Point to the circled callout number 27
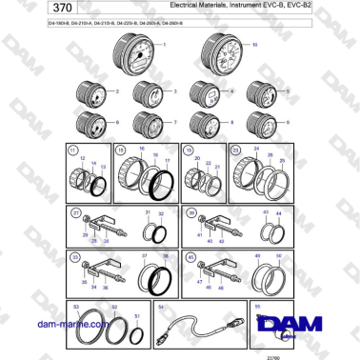(74, 212)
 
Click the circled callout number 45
(190, 257)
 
